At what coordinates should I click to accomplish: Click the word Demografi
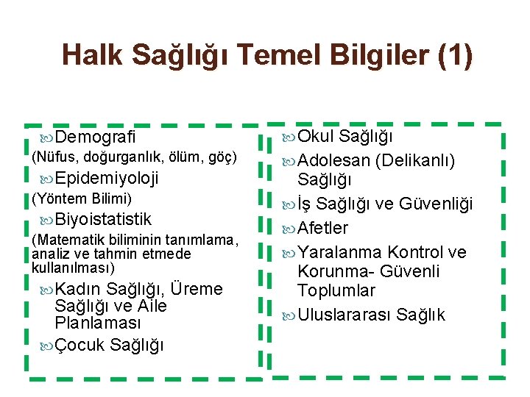pos(95,137)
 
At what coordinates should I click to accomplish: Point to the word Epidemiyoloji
pos(106,178)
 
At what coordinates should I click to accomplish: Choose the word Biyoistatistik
pos(102,219)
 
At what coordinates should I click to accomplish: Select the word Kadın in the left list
pos(79,289)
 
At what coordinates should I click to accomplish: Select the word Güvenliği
pos(437,204)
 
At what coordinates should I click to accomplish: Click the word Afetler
pos(323,228)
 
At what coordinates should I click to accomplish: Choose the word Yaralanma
pos(341,252)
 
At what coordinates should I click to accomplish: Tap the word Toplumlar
pos(336,290)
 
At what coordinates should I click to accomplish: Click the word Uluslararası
pos(344,315)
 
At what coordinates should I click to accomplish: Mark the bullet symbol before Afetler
pos(289,229)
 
